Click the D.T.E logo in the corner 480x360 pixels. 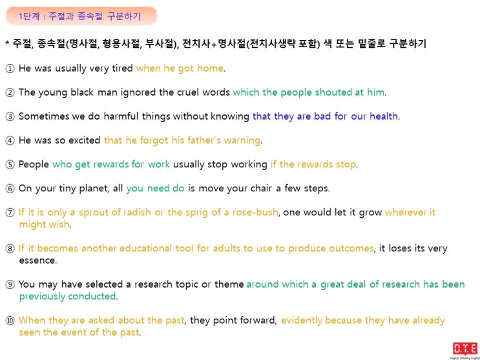(464, 350)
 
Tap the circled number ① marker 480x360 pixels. (10, 69)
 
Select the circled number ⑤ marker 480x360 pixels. (10, 165)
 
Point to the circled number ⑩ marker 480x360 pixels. (10, 321)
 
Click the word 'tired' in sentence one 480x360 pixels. (122, 68)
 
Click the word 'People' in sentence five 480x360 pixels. (34, 164)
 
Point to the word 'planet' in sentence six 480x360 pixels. (94, 189)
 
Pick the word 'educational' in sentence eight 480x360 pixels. (145, 248)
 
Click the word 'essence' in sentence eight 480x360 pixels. (37, 260)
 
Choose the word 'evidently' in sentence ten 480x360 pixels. (301, 321)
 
